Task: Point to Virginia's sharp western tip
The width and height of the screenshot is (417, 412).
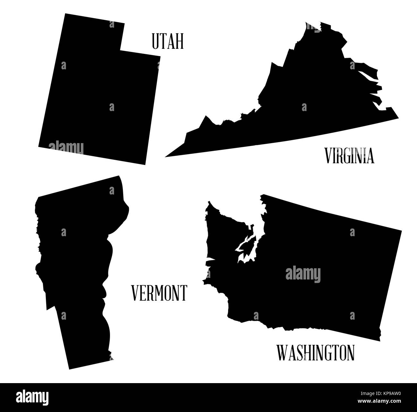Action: pyautogui.click(x=166, y=157)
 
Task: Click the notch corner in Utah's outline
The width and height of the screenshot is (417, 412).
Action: pyautogui.click(x=121, y=50)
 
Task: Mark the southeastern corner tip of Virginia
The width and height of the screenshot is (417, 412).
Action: pyautogui.click(x=398, y=117)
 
